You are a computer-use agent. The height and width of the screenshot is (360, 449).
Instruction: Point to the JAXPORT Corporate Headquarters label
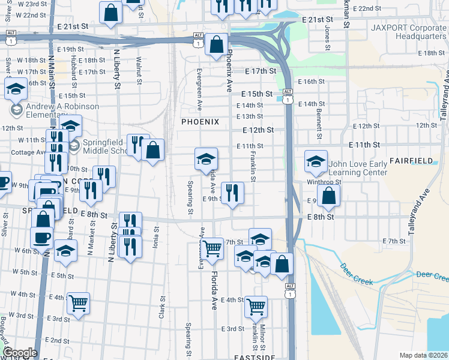click(409, 32)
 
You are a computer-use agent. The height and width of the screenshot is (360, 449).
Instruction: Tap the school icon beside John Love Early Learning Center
click(316, 161)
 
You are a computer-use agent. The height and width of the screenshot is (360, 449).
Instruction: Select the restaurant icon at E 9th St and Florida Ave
click(232, 192)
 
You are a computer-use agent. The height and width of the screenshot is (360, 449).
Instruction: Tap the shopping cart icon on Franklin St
click(256, 306)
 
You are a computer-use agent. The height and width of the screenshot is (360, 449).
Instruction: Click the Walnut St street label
click(139, 65)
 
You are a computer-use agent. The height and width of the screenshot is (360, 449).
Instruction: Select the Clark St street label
click(162, 306)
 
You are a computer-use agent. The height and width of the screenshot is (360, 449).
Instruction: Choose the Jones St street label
click(328, 37)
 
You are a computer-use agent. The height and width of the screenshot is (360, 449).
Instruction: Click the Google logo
click(20, 353)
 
